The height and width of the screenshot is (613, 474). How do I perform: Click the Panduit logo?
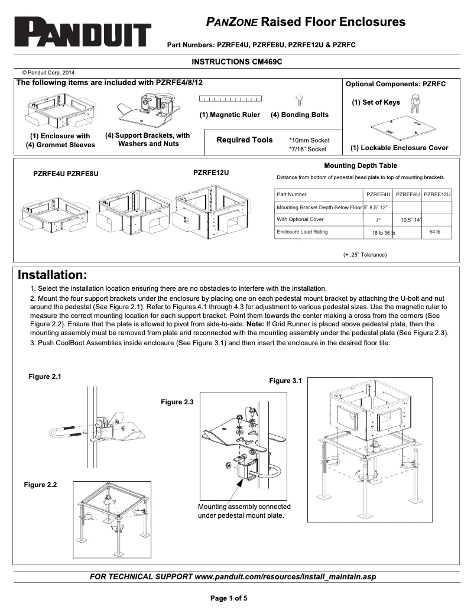83,31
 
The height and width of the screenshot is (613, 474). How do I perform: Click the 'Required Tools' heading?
245,140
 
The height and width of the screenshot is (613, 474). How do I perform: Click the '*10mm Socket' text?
309,140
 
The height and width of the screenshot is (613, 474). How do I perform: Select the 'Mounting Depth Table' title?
361,166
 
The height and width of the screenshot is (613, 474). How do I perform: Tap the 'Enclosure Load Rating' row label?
302,232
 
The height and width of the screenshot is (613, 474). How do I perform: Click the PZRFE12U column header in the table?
437,194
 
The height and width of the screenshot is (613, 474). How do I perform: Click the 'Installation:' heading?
53,275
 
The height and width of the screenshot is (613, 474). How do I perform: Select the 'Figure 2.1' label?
45,377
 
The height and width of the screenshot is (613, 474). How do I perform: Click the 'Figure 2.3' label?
177,402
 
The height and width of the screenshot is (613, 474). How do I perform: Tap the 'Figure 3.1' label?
285,381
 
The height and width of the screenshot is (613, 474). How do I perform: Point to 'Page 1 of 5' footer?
229,598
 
